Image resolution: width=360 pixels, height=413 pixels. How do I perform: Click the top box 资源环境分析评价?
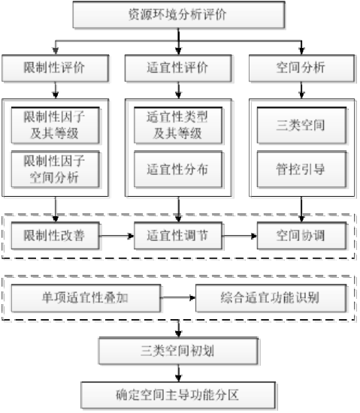(179, 14)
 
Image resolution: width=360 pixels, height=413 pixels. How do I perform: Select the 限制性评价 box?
(56, 68)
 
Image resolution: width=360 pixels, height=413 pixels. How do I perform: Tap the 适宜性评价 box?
(178, 68)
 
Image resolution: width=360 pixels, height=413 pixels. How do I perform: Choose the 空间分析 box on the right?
(302, 68)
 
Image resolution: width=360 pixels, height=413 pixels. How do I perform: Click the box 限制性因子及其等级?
(56, 125)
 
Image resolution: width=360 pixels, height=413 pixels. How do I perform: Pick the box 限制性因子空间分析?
(56, 169)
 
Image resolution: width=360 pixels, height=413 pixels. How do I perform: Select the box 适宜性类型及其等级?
(178, 125)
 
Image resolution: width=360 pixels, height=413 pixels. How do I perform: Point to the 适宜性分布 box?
(178, 169)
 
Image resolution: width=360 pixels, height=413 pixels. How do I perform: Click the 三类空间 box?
(302, 125)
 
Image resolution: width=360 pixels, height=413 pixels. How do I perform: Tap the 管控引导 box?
(302, 169)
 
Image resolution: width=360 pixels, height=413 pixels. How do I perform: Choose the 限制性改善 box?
(56, 236)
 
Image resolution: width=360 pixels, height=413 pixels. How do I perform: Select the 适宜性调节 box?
(178, 236)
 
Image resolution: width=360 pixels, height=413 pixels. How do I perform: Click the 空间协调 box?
(302, 236)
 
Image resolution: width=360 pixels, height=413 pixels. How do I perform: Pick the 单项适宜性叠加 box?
(86, 298)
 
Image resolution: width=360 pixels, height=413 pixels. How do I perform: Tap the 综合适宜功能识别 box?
(271, 298)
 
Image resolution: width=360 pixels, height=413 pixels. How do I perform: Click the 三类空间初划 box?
(178, 351)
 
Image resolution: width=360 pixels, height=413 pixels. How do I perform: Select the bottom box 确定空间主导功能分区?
(178, 395)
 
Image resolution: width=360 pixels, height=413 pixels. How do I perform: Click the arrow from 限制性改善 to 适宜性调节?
(116, 236)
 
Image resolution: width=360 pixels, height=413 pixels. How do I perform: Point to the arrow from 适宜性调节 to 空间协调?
(240, 236)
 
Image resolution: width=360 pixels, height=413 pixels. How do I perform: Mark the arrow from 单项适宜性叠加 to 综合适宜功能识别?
(178, 298)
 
